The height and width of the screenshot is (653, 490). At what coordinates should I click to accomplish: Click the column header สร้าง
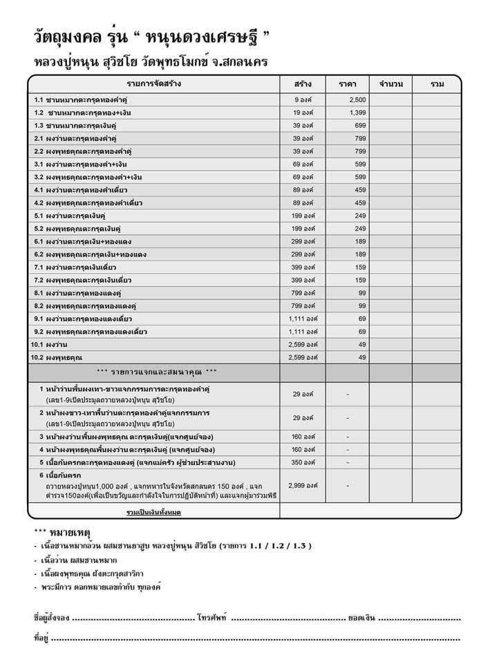pyautogui.click(x=302, y=84)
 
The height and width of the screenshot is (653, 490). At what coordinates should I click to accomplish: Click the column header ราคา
pyautogui.click(x=347, y=84)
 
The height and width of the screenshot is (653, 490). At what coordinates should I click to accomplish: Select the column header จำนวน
pyautogui.click(x=390, y=84)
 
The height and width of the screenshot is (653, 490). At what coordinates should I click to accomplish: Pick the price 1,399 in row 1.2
pyautogui.click(x=356, y=113)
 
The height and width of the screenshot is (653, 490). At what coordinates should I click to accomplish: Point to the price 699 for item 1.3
pyautogui.click(x=359, y=125)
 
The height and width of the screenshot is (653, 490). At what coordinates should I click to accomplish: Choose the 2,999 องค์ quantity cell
pyautogui.click(x=303, y=486)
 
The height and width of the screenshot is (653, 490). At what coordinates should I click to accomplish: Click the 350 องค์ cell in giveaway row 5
pyautogui.click(x=303, y=462)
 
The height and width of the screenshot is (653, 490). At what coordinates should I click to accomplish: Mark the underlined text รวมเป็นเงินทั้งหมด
pyautogui.click(x=154, y=512)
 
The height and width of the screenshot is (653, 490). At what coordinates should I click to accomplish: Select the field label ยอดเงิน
pyautogui.click(x=362, y=617)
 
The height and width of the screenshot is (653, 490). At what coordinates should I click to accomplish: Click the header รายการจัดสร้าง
pyautogui.click(x=154, y=84)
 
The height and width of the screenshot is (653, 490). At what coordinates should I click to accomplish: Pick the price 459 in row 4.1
pyautogui.click(x=359, y=189)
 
